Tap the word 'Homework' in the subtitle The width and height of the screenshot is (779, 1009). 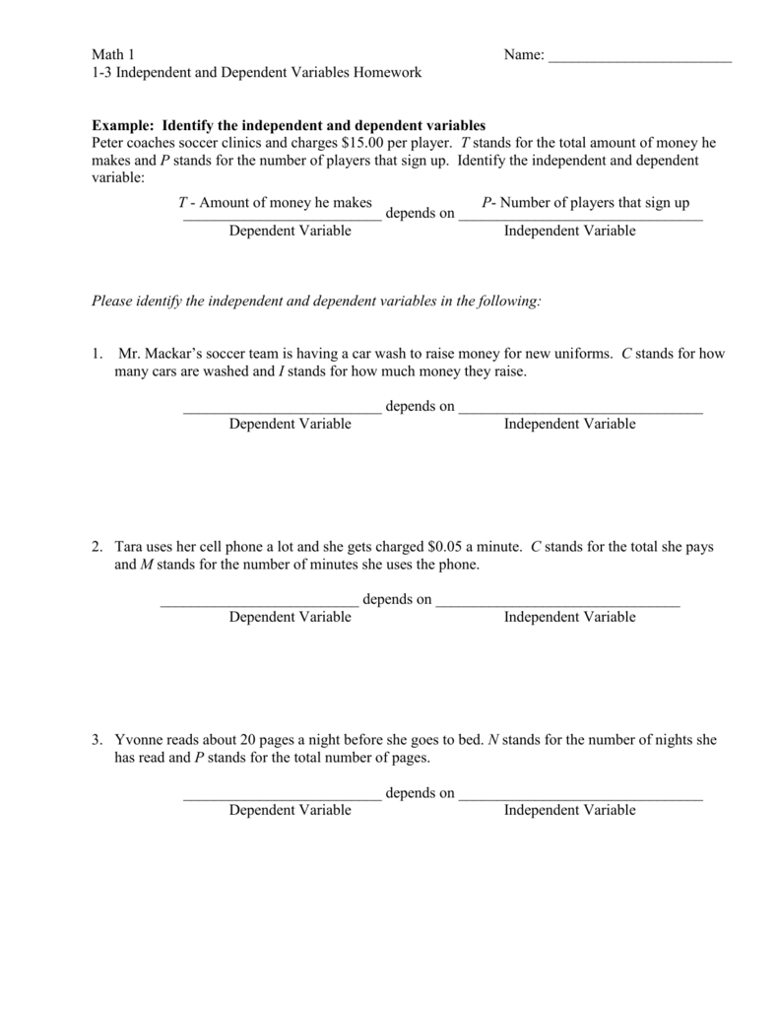click(391, 73)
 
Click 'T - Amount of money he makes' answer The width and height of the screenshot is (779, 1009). click(275, 203)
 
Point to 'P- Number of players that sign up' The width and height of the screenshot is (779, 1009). click(585, 203)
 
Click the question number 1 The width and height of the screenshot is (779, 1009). click(97, 354)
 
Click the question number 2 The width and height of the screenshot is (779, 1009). click(97, 547)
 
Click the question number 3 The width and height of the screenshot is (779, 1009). click(97, 740)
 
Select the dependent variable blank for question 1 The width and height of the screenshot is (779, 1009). click(282, 409)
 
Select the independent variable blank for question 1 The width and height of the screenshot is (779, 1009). click(581, 409)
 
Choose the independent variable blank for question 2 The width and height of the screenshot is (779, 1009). click(557, 602)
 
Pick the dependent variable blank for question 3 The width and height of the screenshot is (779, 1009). click(282, 795)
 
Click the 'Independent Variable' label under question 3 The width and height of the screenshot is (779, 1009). click(569, 811)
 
